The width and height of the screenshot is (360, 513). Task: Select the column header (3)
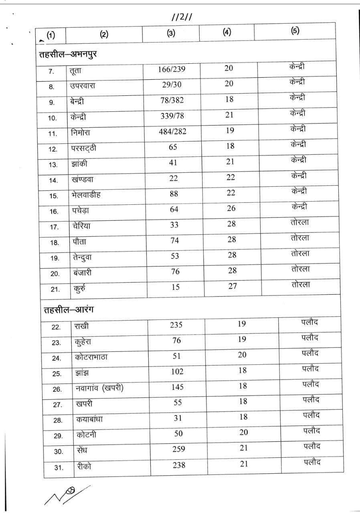(x=171, y=34)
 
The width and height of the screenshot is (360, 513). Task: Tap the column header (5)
(x=295, y=31)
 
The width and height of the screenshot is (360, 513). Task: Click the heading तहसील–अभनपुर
(x=68, y=54)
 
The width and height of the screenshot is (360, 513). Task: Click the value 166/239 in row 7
(x=172, y=69)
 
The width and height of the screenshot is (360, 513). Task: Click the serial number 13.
(x=53, y=165)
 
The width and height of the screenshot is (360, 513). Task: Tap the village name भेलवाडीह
(x=87, y=195)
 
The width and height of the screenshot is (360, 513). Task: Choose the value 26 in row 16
(x=231, y=208)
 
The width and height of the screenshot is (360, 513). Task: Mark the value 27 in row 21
(x=232, y=286)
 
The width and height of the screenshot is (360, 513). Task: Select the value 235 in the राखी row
(x=176, y=325)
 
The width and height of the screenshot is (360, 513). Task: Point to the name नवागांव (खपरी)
(x=99, y=388)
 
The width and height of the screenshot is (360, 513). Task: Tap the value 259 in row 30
(x=178, y=449)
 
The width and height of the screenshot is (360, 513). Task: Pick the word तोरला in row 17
(x=300, y=222)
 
